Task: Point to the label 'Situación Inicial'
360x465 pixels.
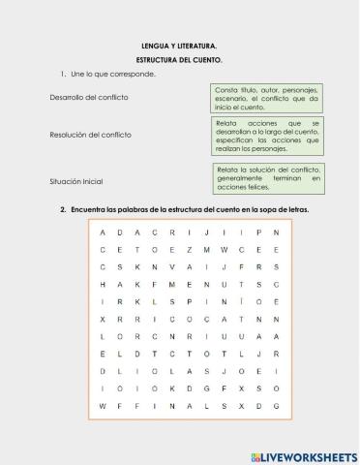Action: click(x=75, y=181)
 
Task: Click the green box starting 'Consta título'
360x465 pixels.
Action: click(x=267, y=98)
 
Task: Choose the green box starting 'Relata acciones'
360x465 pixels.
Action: click(x=267, y=137)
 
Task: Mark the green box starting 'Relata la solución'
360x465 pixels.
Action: click(x=267, y=178)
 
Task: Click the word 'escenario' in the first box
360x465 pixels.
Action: click(x=231, y=98)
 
